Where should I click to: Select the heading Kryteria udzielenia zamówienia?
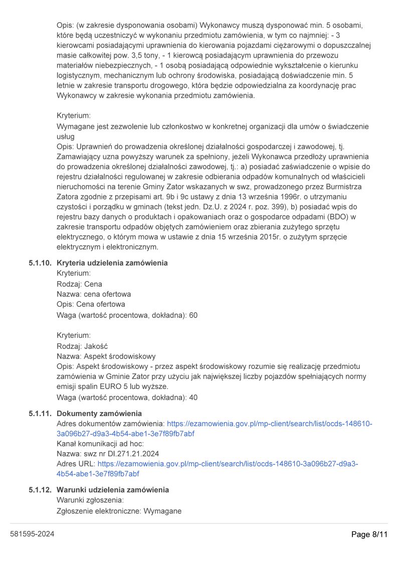coord(112,263)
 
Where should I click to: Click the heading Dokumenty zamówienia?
coord(99,414)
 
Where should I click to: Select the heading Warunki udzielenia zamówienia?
coord(113,490)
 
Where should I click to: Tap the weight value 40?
coord(193,398)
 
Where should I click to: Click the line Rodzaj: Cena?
coord(79,284)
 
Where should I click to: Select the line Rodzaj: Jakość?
coord(83,346)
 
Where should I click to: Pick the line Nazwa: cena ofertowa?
coord(94,294)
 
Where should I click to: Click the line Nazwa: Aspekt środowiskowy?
coord(106,356)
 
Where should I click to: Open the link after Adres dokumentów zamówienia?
coord(269,424)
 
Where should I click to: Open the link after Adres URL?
coord(228,464)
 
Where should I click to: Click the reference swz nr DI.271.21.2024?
coord(120,454)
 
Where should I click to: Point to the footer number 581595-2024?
coord(32,534)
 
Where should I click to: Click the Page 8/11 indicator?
coord(369,535)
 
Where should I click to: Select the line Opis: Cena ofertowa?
coord(91,304)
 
